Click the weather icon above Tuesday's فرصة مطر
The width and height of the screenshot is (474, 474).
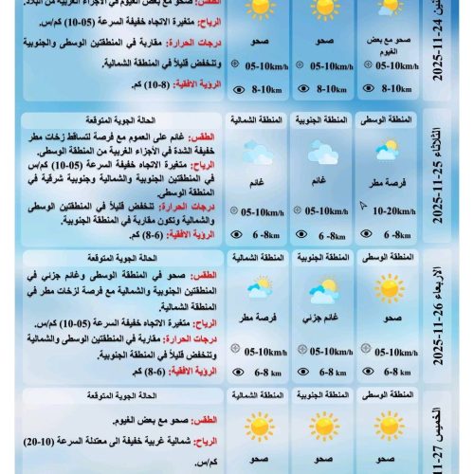tap(388, 151)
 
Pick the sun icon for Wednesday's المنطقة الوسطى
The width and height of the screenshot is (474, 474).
tap(388, 286)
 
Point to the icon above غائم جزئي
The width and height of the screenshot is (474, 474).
tap(322, 288)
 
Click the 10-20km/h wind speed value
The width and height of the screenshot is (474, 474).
tap(392, 213)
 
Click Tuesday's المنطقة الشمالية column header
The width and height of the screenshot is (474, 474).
tap(257, 120)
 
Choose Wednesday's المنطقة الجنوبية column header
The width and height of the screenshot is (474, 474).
tap(322, 256)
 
